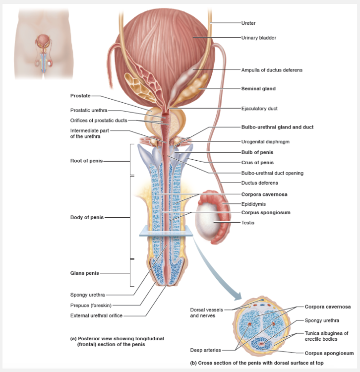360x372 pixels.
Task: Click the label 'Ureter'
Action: click(x=248, y=23)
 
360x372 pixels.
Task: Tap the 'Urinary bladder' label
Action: click(x=258, y=38)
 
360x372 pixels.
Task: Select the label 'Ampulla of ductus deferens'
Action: click(x=271, y=70)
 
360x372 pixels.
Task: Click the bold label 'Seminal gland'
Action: click(x=258, y=89)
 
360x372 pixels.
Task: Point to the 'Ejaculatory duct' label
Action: click(x=259, y=108)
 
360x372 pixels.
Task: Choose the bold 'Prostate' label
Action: click(x=80, y=95)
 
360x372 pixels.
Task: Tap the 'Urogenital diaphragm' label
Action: click(x=265, y=141)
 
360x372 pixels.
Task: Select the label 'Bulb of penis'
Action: click(x=257, y=152)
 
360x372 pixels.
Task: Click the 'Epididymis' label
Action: click(x=253, y=204)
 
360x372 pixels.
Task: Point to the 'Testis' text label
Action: click(x=248, y=223)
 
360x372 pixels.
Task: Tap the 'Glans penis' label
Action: click(x=84, y=273)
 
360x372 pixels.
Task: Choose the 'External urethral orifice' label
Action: click(x=96, y=315)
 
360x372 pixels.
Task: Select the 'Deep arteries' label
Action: click(x=206, y=350)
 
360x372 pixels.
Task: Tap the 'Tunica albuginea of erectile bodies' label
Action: click(x=326, y=336)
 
